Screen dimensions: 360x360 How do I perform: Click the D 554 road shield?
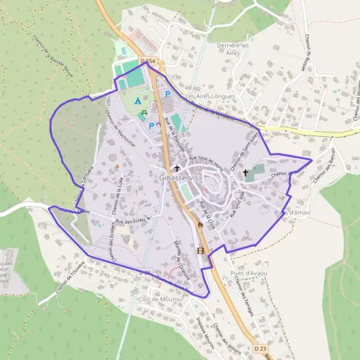pyautogui.click(x=147, y=61)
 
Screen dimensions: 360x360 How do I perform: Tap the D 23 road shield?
pyautogui.click(x=260, y=348)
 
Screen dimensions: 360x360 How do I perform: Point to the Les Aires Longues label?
pyautogui.click(x=210, y=96)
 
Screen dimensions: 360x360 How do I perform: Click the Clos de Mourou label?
pyautogui.click(x=160, y=299)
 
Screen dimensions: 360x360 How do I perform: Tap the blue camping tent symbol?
pyautogui.click(x=139, y=101)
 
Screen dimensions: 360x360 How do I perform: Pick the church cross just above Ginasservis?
pyautogui.click(x=177, y=168)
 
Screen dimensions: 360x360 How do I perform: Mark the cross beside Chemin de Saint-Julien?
pyautogui.click(x=245, y=173)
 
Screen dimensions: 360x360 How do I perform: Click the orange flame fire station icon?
pyautogui.click(x=199, y=223)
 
